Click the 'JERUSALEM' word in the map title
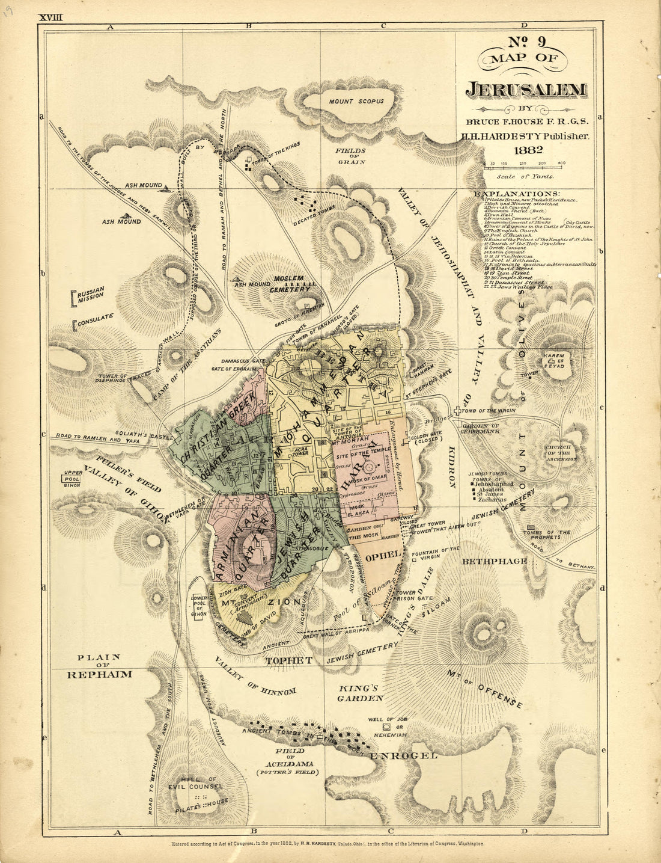tap(526, 90)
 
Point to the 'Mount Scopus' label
tap(356, 101)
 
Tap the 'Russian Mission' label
tap(90, 295)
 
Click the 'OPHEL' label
tap(383, 556)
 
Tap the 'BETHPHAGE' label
tap(494, 560)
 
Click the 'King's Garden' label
tap(360, 693)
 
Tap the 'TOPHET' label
tap(289, 660)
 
